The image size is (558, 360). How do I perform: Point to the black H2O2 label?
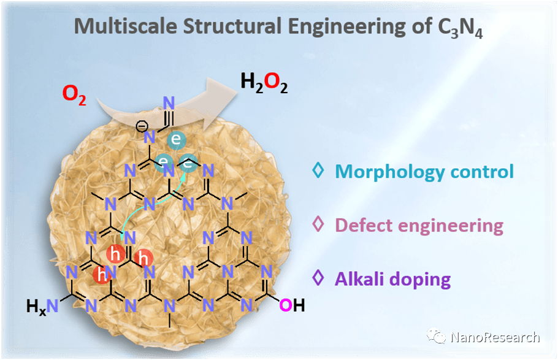click(x=264, y=82)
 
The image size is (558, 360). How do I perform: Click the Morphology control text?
click(x=424, y=171)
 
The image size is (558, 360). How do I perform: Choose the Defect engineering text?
click(x=419, y=225)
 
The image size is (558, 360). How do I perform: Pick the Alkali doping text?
click(x=392, y=279)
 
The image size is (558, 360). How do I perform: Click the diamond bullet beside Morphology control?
click(x=317, y=170)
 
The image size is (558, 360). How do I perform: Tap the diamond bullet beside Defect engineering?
click(x=317, y=224)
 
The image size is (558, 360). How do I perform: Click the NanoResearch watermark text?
click(x=495, y=337)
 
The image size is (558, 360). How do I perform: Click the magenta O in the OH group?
click(x=285, y=304)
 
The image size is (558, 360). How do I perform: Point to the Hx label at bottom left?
click(x=37, y=305)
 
